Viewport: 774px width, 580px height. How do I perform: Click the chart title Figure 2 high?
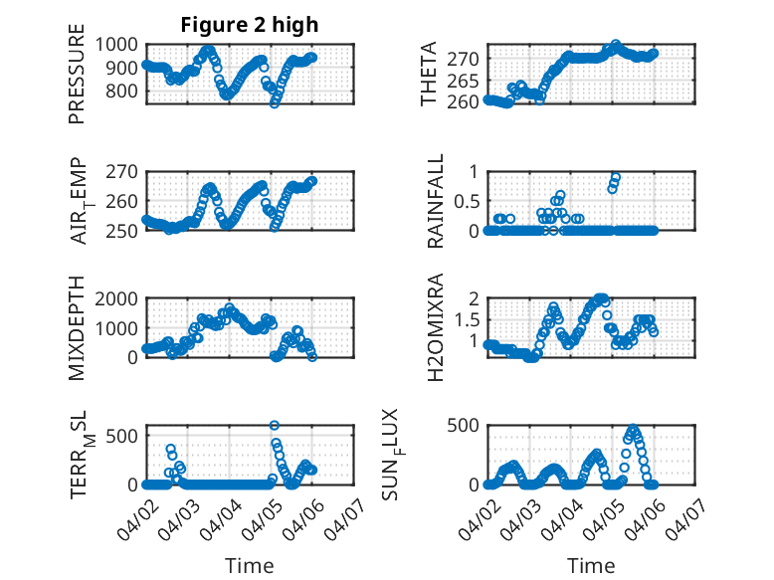[249, 25]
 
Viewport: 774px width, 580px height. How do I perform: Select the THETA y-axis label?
[429, 74]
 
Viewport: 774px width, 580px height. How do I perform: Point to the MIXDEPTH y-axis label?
[77, 328]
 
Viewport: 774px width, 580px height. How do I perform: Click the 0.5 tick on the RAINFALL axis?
[467, 201]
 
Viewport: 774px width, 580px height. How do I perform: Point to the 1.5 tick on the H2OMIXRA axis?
[467, 319]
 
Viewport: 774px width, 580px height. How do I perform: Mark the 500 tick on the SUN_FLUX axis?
[467, 425]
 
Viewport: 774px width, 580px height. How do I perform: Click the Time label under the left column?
[249, 565]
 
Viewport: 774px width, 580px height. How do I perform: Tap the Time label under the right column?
[591, 565]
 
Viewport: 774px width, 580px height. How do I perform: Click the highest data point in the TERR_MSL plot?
[275, 425]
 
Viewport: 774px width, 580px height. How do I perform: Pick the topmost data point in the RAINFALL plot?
[616, 177]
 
